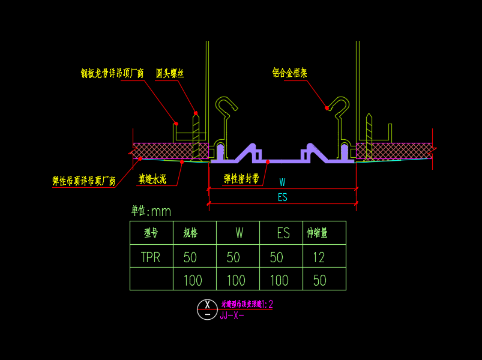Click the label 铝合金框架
coord(289,73)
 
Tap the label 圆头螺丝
coord(170,73)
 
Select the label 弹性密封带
coord(241,178)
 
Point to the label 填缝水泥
coord(152,179)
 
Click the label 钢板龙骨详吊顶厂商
coord(112,73)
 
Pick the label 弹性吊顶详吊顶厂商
coord(84,181)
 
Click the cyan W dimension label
coord(282,182)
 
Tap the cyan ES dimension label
coord(282,197)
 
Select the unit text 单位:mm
coord(151,211)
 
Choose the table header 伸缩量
coord(318,233)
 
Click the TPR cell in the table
coord(151,257)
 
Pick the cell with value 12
coord(318,257)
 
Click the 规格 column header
coord(190,233)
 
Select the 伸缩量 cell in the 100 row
coord(319,280)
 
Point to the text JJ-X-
coord(232,316)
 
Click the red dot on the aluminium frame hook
coord(327,108)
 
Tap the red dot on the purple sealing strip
coord(268,161)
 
